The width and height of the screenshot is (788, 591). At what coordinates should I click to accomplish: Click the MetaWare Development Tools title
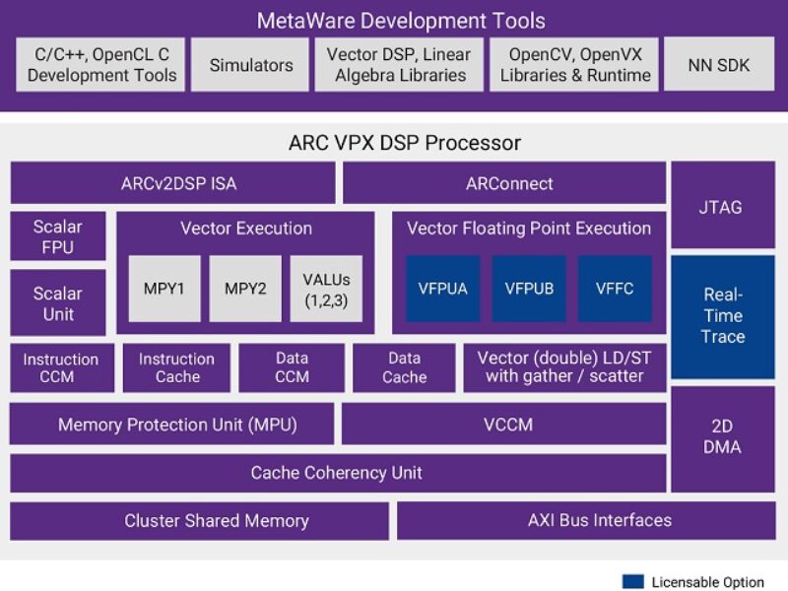(x=400, y=21)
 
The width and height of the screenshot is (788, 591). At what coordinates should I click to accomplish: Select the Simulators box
(x=250, y=65)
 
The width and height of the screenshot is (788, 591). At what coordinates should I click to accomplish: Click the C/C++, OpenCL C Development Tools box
(x=101, y=65)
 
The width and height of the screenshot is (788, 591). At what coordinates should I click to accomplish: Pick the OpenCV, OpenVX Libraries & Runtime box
(x=575, y=65)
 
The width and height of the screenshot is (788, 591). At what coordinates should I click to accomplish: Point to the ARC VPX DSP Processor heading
(x=404, y=143)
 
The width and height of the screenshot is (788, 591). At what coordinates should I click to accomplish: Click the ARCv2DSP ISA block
(x=172, y=183)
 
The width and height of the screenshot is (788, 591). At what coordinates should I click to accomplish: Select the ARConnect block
(x=504, y=183)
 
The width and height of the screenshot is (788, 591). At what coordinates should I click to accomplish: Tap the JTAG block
(x=723, y=207)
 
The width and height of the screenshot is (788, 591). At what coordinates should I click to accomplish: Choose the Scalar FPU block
(x=58, y=236)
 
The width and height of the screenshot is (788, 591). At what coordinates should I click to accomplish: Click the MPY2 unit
(x=245, y=289)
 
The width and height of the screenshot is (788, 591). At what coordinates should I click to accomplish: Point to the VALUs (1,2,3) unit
(x=326, y=289)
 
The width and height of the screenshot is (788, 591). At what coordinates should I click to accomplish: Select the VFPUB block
(x=529, y=289)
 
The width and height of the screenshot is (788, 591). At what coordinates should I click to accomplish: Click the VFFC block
(x=615, y=289)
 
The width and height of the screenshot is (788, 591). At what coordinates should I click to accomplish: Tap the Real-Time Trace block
(x=723, y=316)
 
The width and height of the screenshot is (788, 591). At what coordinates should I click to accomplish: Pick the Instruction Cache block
(x=177, y=368)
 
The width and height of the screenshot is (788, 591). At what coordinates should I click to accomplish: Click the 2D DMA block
(x=723, y=436)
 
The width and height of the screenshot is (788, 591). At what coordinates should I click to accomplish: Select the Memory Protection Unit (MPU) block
(x=172, y=426)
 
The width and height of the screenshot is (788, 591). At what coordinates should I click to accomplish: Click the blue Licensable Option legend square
(x=632, y=581)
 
